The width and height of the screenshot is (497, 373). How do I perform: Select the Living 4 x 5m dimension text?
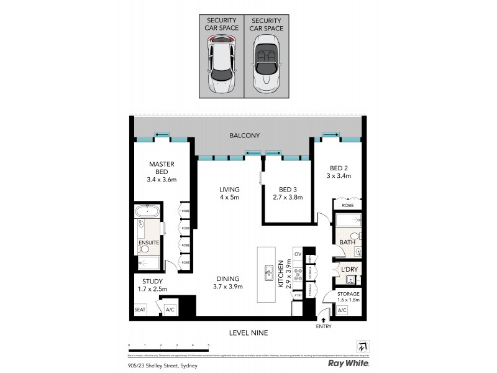(x=229, y=197)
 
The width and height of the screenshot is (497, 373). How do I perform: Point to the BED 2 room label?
(x=339, y=168)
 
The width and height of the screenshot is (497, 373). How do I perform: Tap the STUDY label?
(x=149, y=280)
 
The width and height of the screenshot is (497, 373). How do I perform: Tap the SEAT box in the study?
(x=140, y=309)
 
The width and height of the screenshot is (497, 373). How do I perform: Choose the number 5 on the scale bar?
(x=209, y=344)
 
